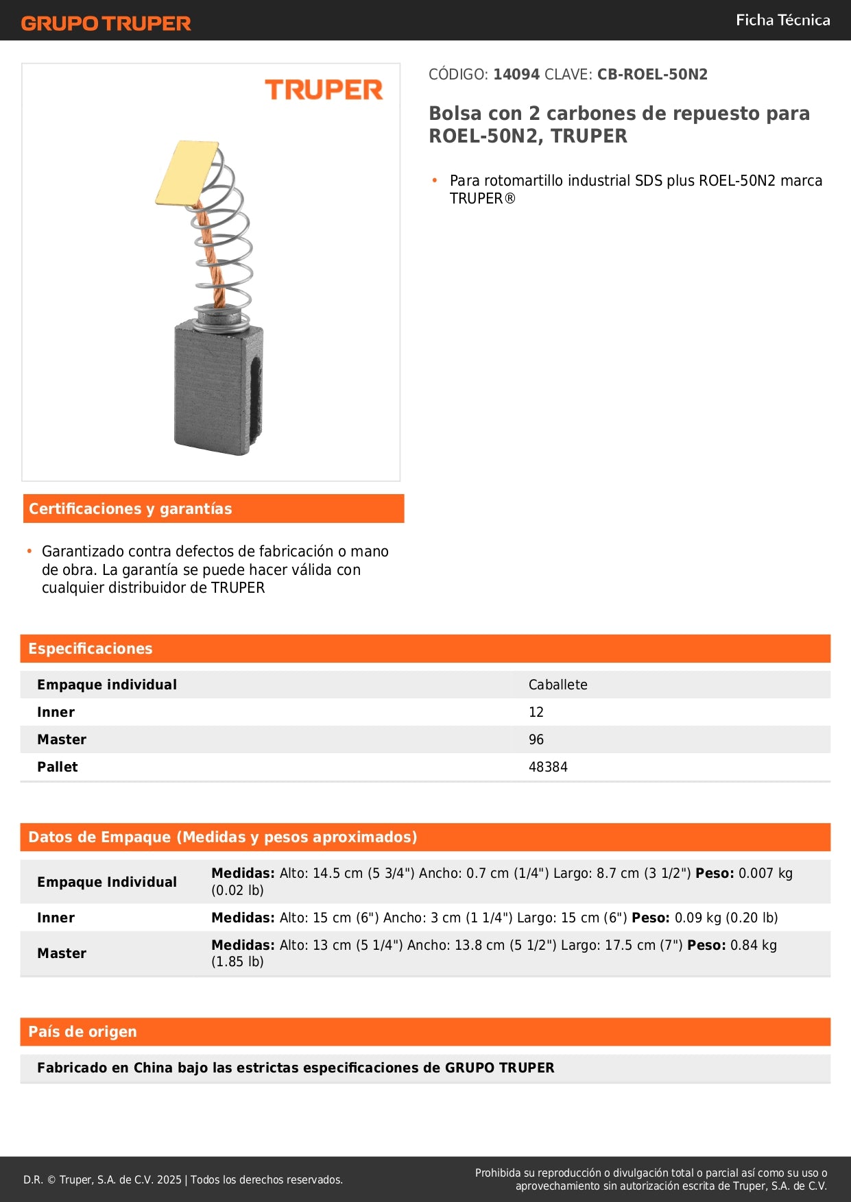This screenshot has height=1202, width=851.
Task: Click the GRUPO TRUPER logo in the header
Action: coord(106,23)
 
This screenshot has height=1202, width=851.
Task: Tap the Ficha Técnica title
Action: coord(782,20)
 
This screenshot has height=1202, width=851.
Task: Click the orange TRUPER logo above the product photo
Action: coord(324,90)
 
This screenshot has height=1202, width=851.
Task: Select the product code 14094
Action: coord(516,75)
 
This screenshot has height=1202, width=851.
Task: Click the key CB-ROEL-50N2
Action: coord(652,75)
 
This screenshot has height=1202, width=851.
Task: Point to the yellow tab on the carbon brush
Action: coord(187,173)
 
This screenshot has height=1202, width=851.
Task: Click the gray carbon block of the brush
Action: coord(217,387)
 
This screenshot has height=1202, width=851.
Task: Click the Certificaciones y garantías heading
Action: coord(130,508)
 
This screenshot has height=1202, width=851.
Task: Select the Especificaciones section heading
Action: coord(91,648)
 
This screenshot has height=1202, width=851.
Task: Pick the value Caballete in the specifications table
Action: coord(558,685)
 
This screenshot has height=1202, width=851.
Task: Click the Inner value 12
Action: coord(536,712)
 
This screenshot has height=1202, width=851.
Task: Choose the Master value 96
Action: coord(536,739)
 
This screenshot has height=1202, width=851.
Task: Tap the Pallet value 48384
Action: coord(548,767)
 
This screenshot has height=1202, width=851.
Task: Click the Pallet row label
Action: coord(58,767)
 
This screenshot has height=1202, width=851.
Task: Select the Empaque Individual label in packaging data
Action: coord(107,882)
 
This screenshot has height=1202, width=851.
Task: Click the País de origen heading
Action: coord(82,1031)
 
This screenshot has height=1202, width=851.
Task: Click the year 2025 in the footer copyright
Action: coord(169,1179)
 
